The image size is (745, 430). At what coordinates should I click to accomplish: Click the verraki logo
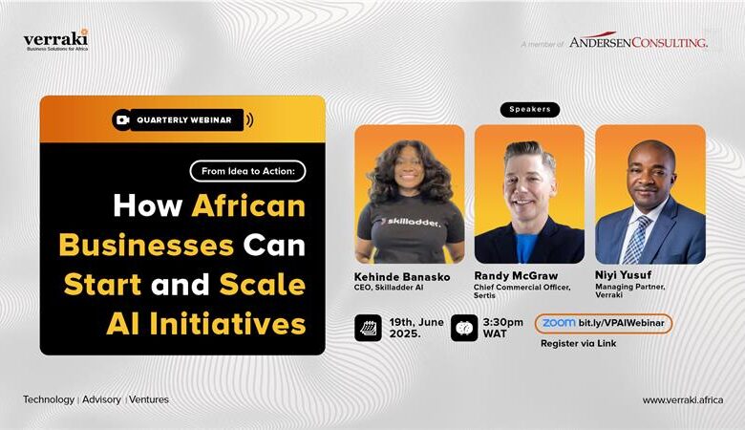pos(55,40)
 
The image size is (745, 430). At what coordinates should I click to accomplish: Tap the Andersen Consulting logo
pos(638,41)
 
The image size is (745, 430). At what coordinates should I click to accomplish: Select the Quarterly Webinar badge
pos(183,119)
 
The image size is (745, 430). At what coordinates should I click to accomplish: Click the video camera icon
pos(122,119)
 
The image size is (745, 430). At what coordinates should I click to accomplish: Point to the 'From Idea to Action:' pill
pos(247,171)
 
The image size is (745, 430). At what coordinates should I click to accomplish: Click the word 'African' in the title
pos(248,205)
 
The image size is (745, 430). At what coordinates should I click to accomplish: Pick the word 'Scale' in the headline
pos(263,284)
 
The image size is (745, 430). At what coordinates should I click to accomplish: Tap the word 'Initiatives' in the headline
pos(227,324)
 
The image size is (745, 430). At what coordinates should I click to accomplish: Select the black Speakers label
pos(530,110)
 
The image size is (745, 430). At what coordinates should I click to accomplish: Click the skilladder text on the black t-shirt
pos(411,222)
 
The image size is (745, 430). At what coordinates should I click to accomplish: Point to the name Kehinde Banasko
pos(402,277)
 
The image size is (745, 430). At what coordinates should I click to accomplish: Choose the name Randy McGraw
pos(516,275)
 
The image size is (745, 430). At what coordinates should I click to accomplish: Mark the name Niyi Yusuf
pos(624,274)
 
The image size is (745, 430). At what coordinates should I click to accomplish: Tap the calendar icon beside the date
pos(369,328)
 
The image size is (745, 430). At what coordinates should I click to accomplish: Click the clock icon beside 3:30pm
pos(464,328)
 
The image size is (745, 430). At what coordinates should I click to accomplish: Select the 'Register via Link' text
pos(578,343)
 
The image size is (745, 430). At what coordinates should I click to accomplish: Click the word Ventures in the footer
pos(149,399)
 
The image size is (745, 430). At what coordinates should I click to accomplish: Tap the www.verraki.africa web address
pos(683,400)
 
